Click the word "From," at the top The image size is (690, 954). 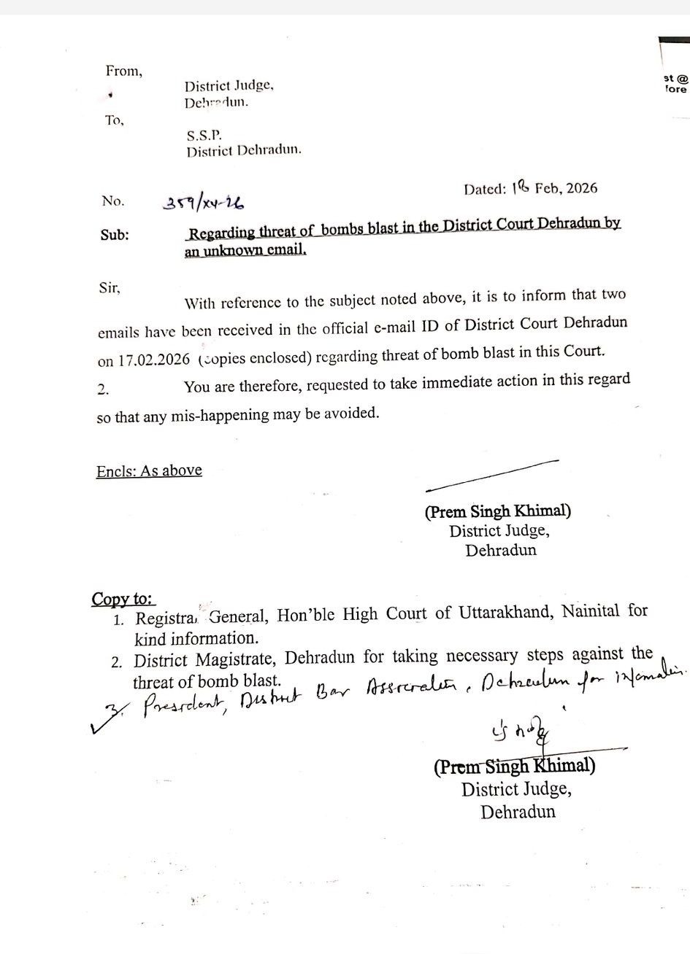click(x=123, y=71)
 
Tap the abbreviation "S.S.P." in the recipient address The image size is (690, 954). click(x=203, y=135)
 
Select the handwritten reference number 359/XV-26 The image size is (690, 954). click(x=203, y=202)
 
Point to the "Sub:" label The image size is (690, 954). click(x=115, y=235)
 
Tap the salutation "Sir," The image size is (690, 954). click(x=108, y=287)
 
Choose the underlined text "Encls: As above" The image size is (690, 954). click(x=149, y=470)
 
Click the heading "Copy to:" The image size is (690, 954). click(x=123, y=599)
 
